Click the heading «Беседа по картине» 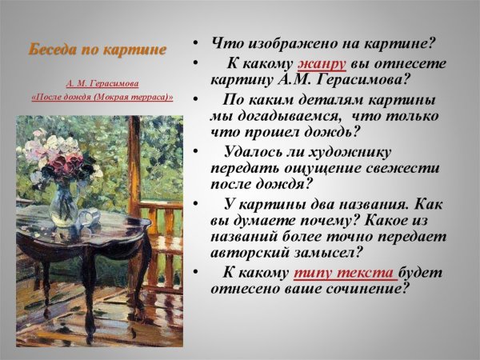tap(98, 50)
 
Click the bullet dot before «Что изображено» tap(195, 42)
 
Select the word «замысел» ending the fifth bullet tap(326, 253)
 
